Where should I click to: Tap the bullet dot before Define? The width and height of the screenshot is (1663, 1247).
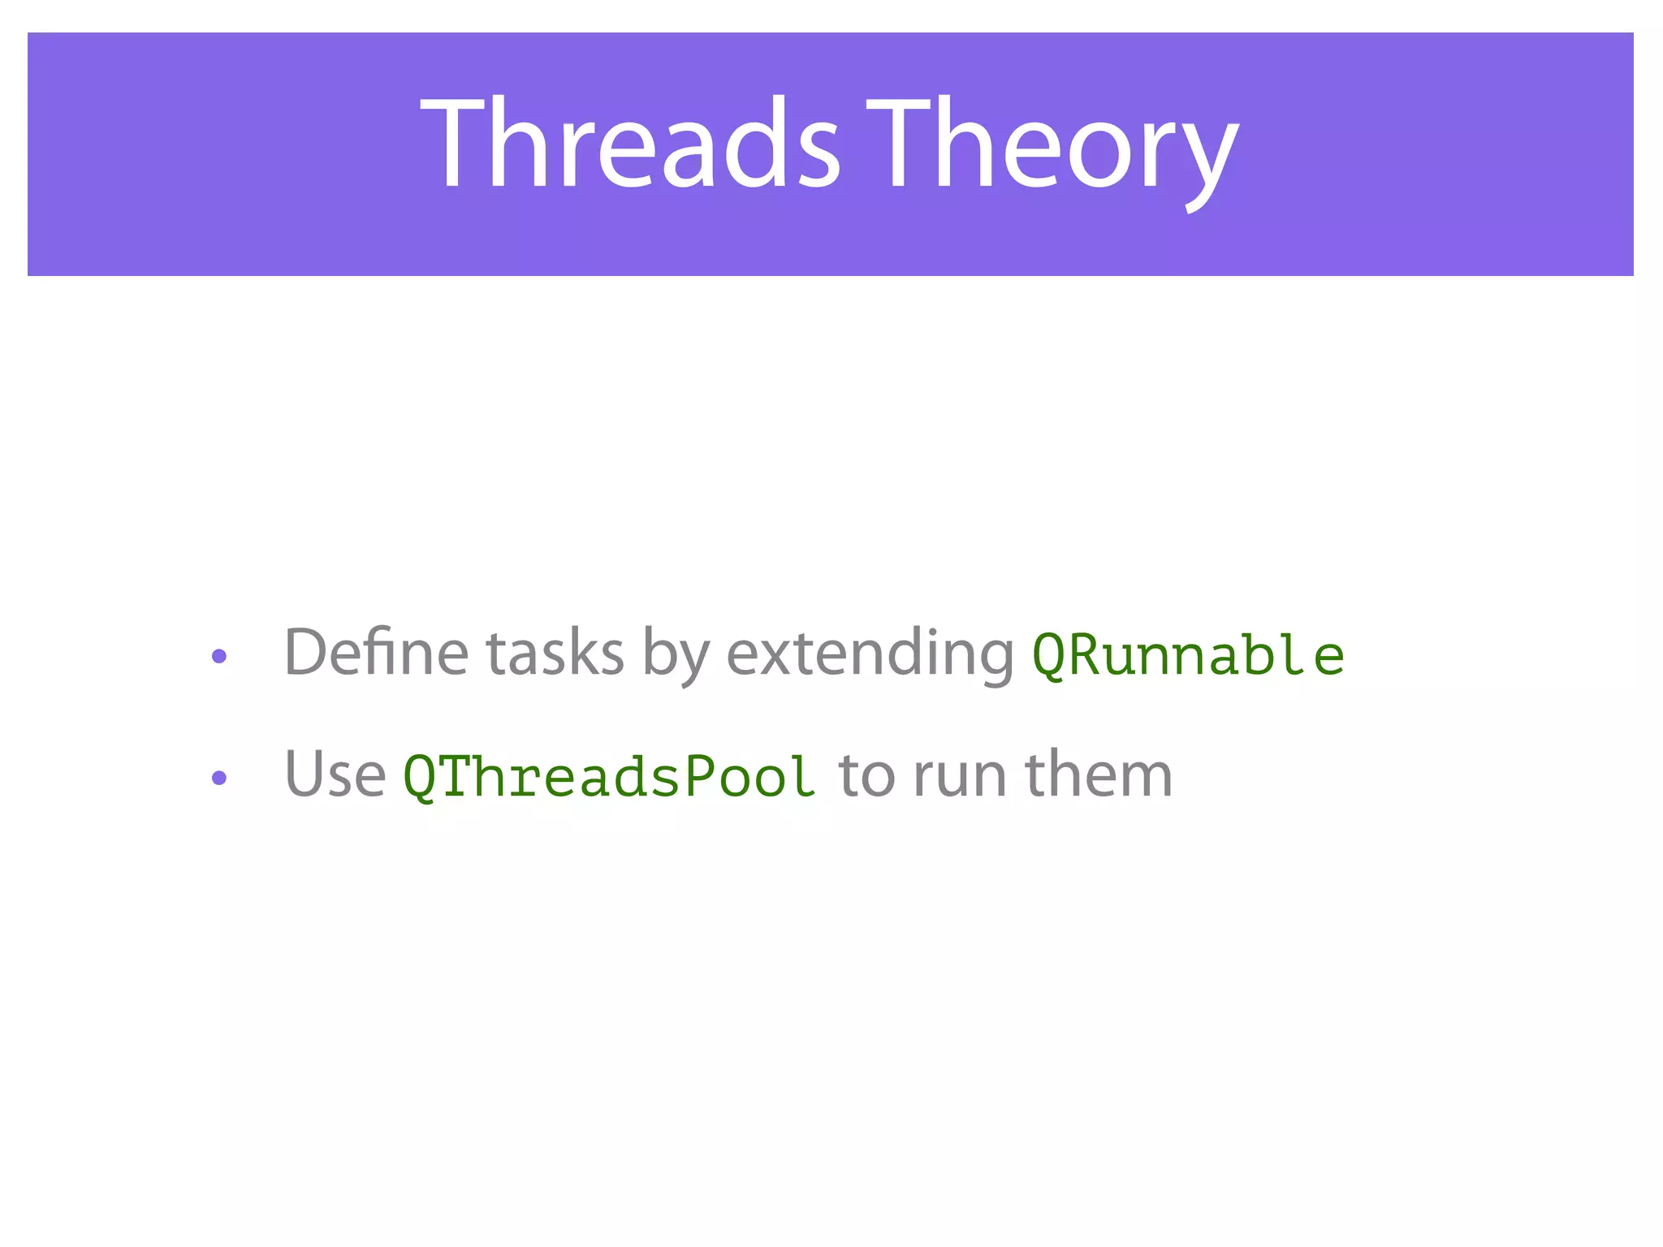(x=218, y=656)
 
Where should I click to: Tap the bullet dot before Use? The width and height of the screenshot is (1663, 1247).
(x=218, y=778)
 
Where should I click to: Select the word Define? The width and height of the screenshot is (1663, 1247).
(x=375, y=653)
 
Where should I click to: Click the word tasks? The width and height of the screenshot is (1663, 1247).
(x=555, y=654)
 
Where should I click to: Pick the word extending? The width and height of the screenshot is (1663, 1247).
(x=870, y=654)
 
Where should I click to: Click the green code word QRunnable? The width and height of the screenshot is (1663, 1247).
(x=1187, y=656)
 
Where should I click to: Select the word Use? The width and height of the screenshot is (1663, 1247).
(x=335, y=775)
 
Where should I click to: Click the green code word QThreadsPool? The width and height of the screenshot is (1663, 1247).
(x=609, y=778)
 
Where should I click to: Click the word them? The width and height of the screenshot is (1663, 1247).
(x=1098, y=775)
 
